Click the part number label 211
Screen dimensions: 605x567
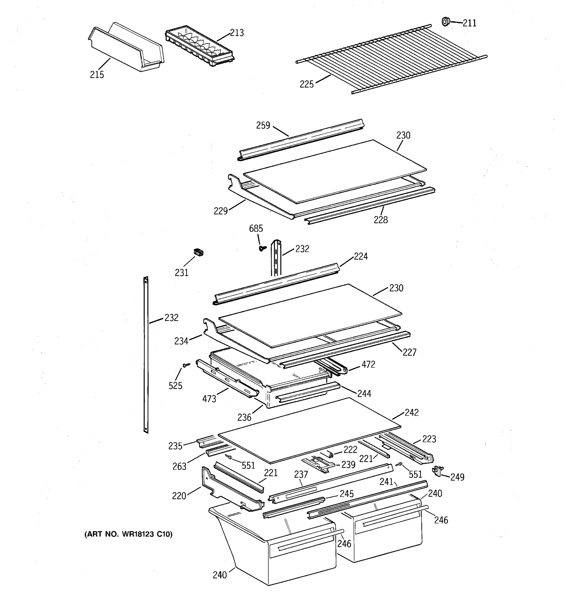coord(469,23)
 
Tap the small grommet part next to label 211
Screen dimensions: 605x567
coord(446,22)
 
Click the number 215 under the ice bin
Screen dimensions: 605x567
coord(97,75)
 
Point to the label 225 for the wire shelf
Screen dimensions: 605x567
coord(306,84)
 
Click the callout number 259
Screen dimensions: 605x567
coord(263,125)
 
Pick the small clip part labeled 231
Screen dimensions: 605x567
coord(198,252)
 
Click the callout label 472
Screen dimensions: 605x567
coord(368,364)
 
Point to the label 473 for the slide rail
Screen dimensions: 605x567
coord(209,399)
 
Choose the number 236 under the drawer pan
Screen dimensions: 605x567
coord(244,417)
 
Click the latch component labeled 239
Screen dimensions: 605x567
coord(319,465)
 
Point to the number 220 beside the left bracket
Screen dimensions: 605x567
coord(179,496)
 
